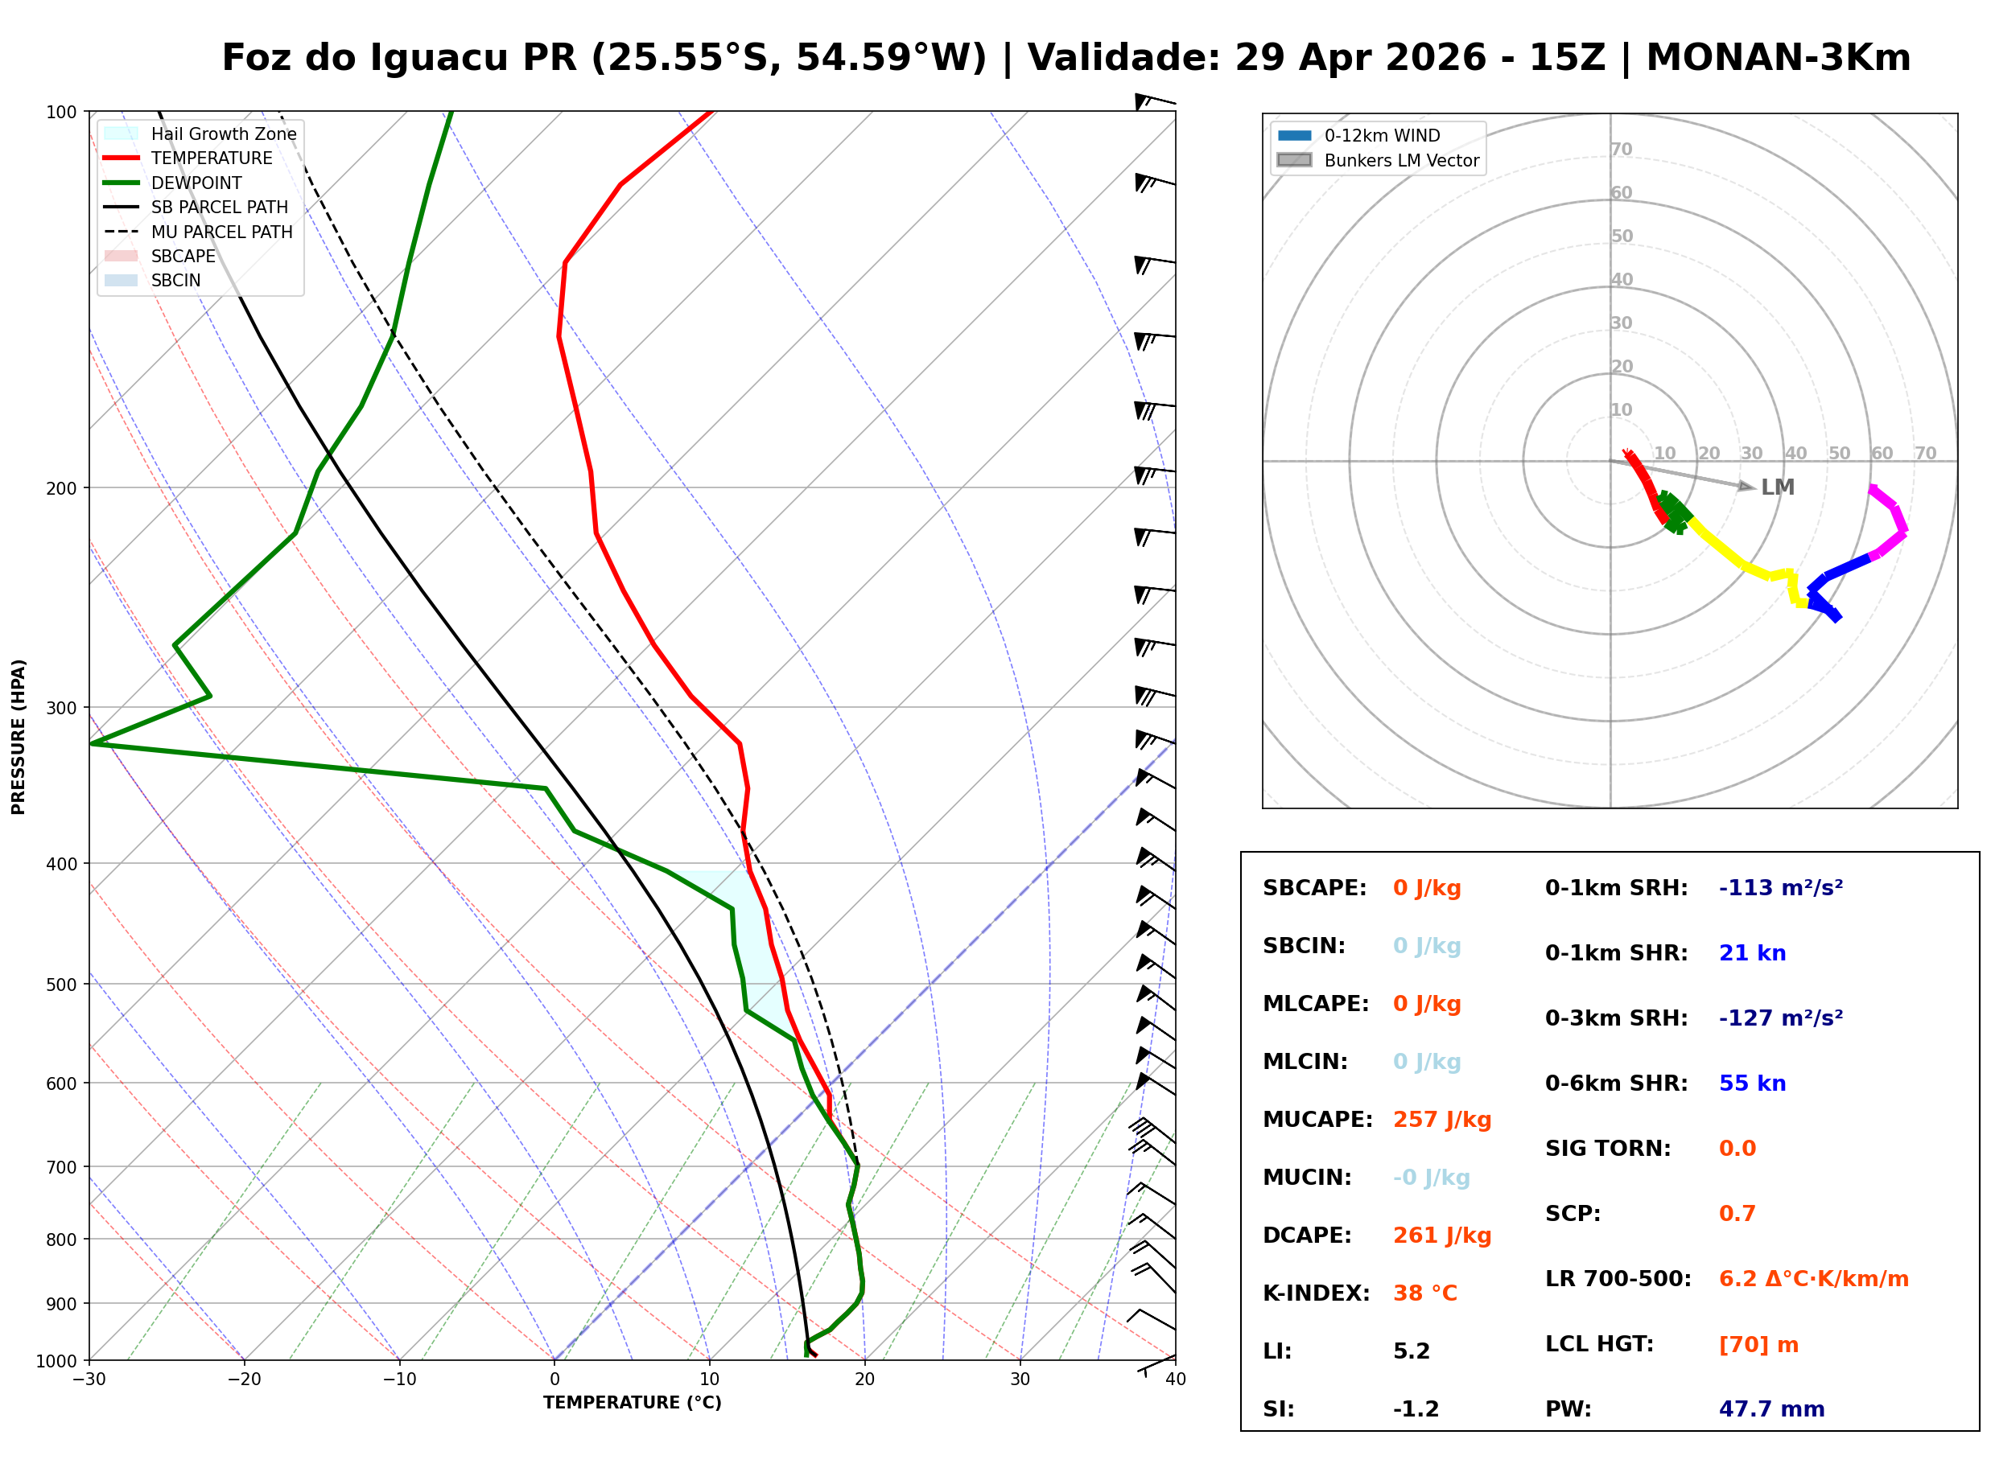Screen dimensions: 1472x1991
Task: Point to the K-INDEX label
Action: (1316, 1293)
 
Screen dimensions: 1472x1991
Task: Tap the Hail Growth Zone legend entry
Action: (223, 134)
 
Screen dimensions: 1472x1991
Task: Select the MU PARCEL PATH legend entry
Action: (221, 232)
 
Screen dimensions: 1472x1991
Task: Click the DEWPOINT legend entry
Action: (196, 183)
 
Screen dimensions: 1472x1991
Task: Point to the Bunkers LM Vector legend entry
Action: (1400, 160)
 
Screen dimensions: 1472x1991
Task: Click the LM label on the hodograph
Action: (1777, 487)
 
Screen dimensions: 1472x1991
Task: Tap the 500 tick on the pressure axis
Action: (61, 985)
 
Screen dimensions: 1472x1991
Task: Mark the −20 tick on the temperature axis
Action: (244, 1379)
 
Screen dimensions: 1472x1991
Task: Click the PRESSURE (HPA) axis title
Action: (19, 736)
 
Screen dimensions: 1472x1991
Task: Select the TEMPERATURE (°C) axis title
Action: (632, 1403)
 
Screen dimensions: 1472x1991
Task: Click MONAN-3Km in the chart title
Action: (1778, 58)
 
